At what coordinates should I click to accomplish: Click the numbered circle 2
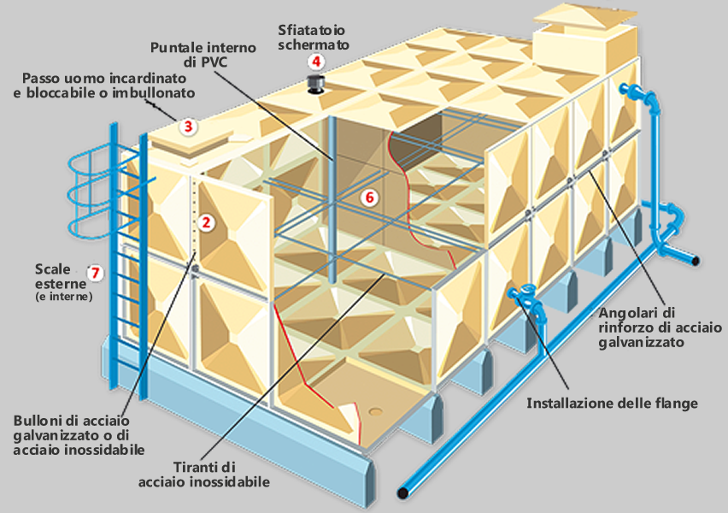205,222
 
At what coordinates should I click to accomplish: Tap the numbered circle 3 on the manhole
190,127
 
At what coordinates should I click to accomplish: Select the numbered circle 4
317,62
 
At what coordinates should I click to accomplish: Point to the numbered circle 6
369,198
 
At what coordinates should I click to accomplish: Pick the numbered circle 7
96,273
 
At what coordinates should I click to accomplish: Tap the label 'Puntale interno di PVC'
202,53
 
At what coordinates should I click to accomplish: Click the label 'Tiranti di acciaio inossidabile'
204,475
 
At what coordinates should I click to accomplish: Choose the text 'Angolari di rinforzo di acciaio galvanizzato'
660,326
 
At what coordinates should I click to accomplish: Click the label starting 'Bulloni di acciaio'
79,435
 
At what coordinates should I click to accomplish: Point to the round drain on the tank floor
377,413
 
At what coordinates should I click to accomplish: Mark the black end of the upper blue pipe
697,260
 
